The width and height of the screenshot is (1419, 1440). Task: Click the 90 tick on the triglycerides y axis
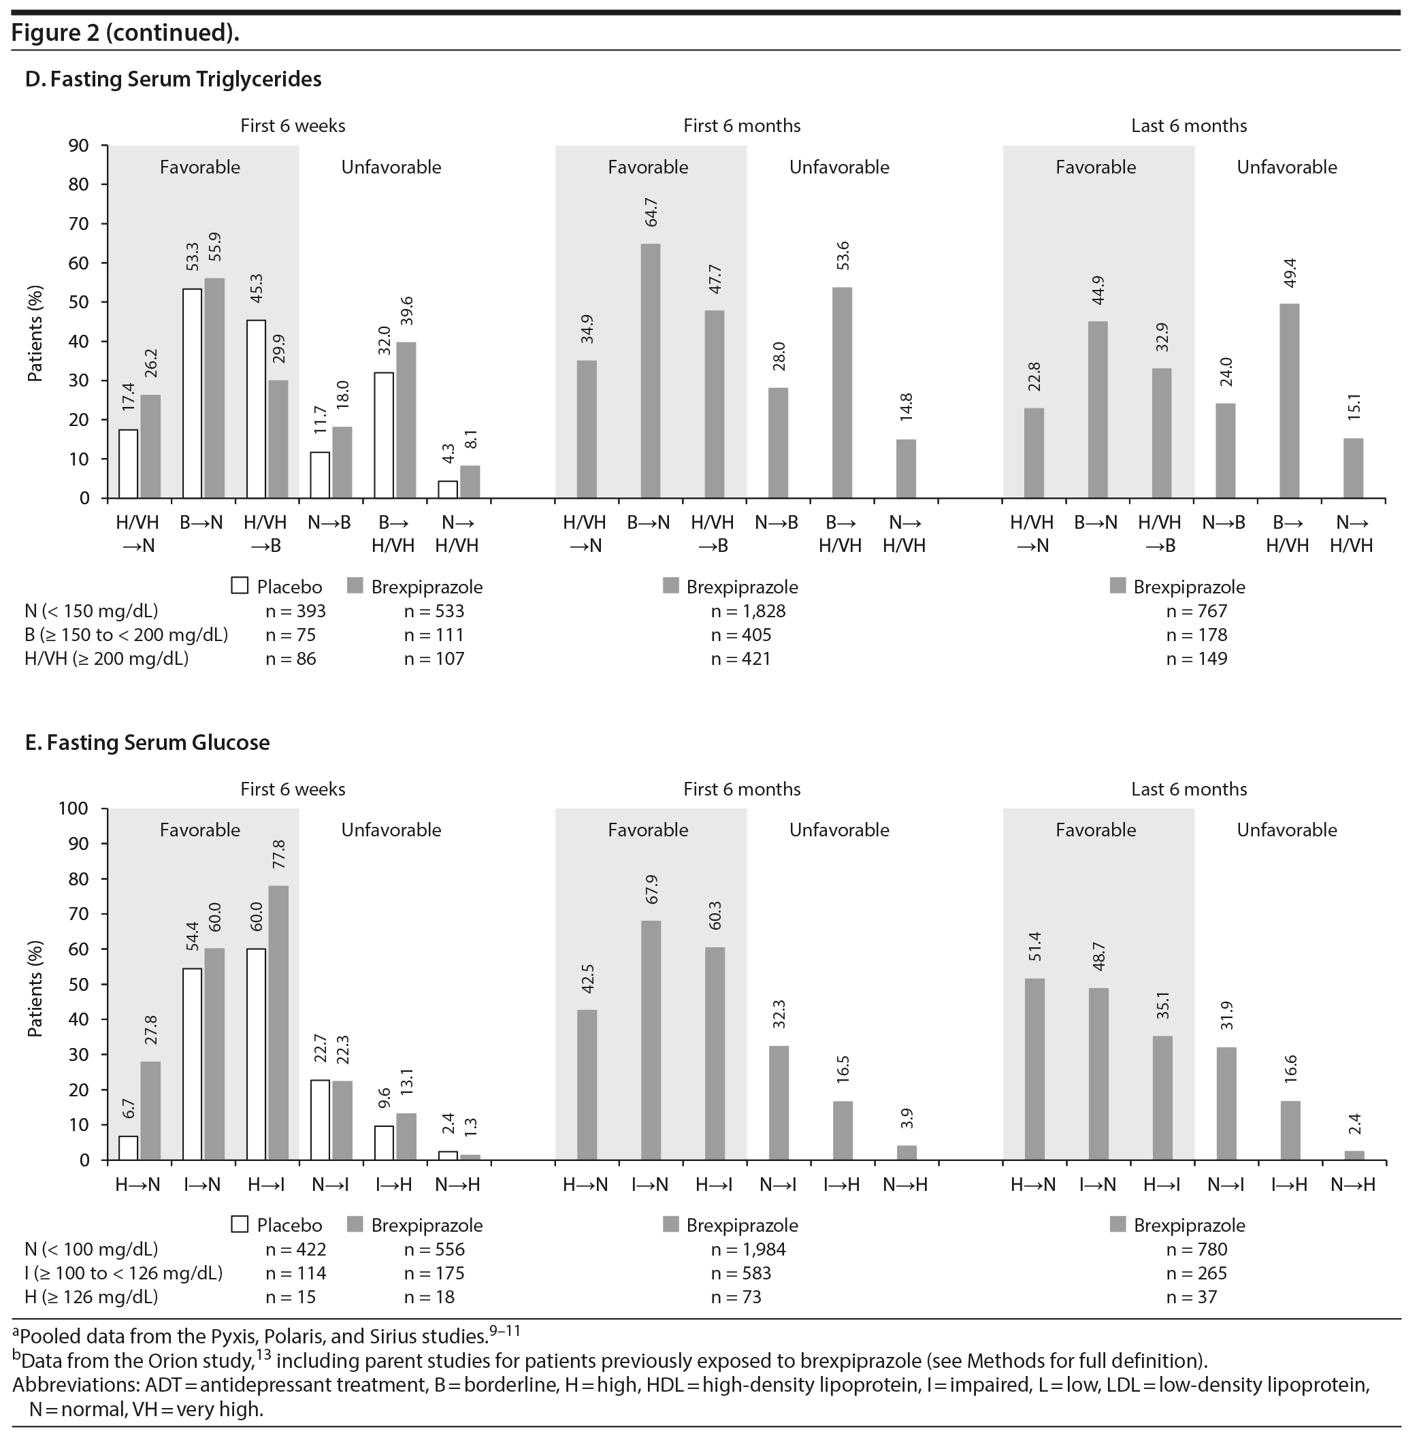[79, 146]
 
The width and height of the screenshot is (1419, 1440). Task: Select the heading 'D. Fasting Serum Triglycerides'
[174, 79]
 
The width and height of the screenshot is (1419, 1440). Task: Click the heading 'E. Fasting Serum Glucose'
[148, 742]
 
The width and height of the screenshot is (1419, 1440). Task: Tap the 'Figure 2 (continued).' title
[125, 33]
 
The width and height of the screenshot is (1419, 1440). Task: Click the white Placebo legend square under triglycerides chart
[240, 585]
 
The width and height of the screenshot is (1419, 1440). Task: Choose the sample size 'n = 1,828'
[748, 611]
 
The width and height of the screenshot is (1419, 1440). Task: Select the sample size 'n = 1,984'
[748, 1249]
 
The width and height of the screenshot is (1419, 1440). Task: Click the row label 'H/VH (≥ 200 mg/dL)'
[107, 659]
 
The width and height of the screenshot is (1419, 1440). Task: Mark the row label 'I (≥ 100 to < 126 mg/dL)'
[124, 1273]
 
